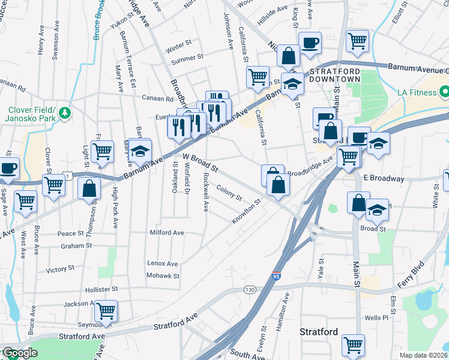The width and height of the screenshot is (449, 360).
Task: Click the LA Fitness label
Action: click(x=419, y=93)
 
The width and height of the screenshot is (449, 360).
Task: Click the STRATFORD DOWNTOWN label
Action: click(x=335, y=74)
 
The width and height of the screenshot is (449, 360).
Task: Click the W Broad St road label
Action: click(x=199, y=162)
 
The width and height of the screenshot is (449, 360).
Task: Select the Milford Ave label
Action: click(x=166, y=232)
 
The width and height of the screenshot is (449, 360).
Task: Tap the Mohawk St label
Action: click(x=163, y=276)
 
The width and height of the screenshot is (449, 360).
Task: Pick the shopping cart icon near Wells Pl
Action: click(x=353, y=344)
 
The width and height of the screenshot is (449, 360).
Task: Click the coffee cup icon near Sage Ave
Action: click(x=8, y=168)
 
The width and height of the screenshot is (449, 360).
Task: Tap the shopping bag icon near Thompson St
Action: click(x=89, y=187)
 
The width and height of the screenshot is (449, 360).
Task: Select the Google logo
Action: click(x=19, y=353)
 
